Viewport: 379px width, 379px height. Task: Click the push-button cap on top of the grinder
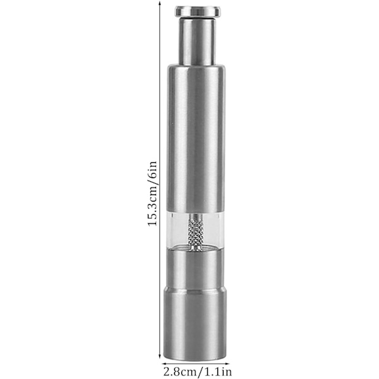coord(198,11)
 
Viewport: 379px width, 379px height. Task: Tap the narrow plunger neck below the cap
coord(196,41)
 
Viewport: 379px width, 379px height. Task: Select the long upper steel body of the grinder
coord(196,138)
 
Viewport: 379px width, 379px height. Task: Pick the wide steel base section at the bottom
coord(196,325)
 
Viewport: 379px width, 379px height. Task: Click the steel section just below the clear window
coord(196,270)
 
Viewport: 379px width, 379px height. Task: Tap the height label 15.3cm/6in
coord(152,194)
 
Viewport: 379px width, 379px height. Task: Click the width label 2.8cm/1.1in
coord(198,371)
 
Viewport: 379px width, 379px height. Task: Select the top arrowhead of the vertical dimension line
coord(160,3)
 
